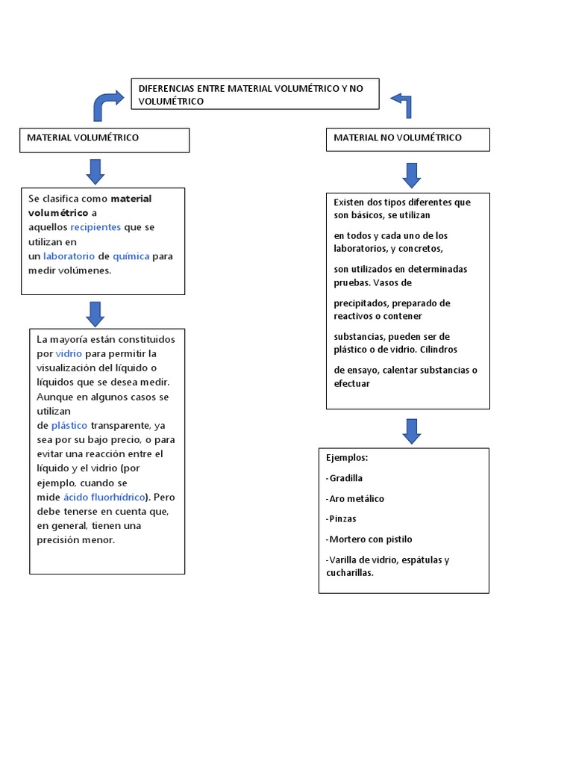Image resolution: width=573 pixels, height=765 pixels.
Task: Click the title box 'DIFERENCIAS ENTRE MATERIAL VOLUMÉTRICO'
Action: pos(255,94)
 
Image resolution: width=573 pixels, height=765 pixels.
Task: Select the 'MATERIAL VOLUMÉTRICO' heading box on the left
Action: pos(104,140)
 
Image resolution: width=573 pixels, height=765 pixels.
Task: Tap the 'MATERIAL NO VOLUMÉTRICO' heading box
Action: pos(408,139)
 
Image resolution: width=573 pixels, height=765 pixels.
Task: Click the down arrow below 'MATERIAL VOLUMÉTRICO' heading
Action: pos(95,171)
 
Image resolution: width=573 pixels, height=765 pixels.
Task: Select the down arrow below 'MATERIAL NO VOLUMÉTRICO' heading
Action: pos(412,175)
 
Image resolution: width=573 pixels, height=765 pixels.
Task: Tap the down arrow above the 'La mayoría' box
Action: pos(95,314)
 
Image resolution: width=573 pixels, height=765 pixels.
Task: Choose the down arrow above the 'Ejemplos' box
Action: pos(412,431)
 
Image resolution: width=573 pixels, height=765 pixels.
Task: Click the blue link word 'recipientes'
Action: pos(96,227)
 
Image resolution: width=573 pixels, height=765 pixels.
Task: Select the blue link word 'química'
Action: pos(131,256)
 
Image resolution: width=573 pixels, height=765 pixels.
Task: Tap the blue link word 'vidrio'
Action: pos(69,354)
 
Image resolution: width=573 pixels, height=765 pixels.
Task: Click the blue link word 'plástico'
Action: pos(69,426)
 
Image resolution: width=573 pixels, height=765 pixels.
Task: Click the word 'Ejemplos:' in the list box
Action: pos(347,457)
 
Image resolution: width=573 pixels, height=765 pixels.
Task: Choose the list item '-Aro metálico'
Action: pos(355,498)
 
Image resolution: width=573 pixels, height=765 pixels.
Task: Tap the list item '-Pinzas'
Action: pos(341,518)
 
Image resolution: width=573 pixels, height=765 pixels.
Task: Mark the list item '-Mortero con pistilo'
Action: pos(369,539)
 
